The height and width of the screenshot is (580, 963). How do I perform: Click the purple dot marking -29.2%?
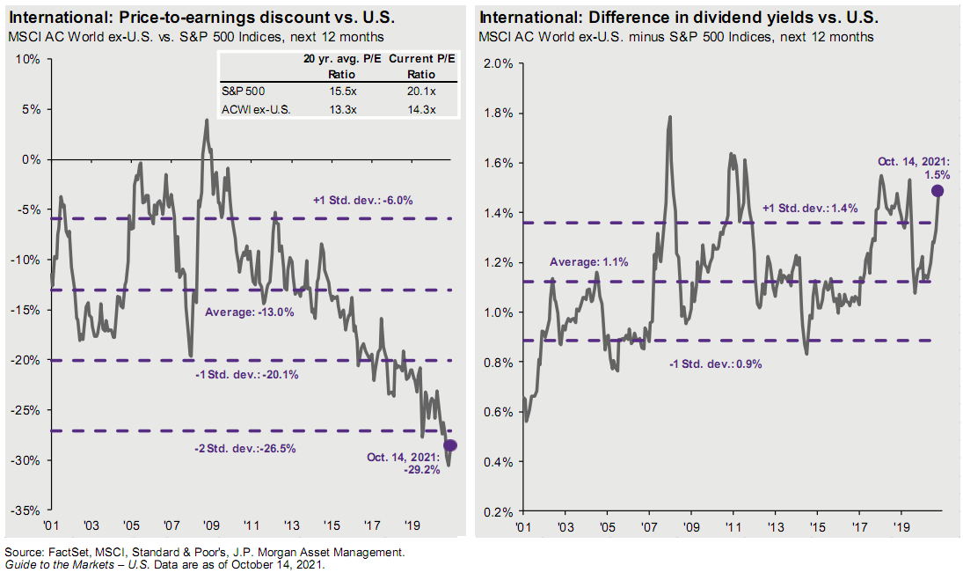(451, 444)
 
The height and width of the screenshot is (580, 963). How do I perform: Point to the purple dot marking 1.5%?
(937, 190)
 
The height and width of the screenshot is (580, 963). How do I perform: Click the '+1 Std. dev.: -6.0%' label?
(363, 201)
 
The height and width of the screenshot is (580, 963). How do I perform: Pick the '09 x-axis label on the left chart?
(210, 525)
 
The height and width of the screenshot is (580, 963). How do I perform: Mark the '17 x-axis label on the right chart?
(859, 525)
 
